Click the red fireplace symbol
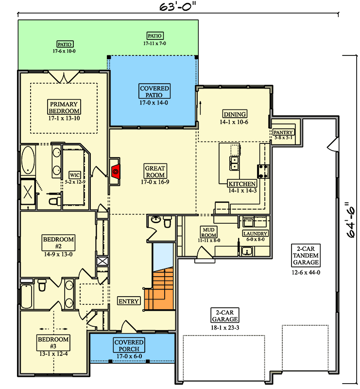(x=116, y=171)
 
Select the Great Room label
(x=155, y=172)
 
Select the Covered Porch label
(x=129, y=346)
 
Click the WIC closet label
(x=74, y=175)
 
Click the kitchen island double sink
(x=234, y=163)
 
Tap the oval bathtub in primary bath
(x=28, y=161)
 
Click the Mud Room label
(x=209, y=231)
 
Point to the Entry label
(x=129, y=301)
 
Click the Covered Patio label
(x=154, y=92)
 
